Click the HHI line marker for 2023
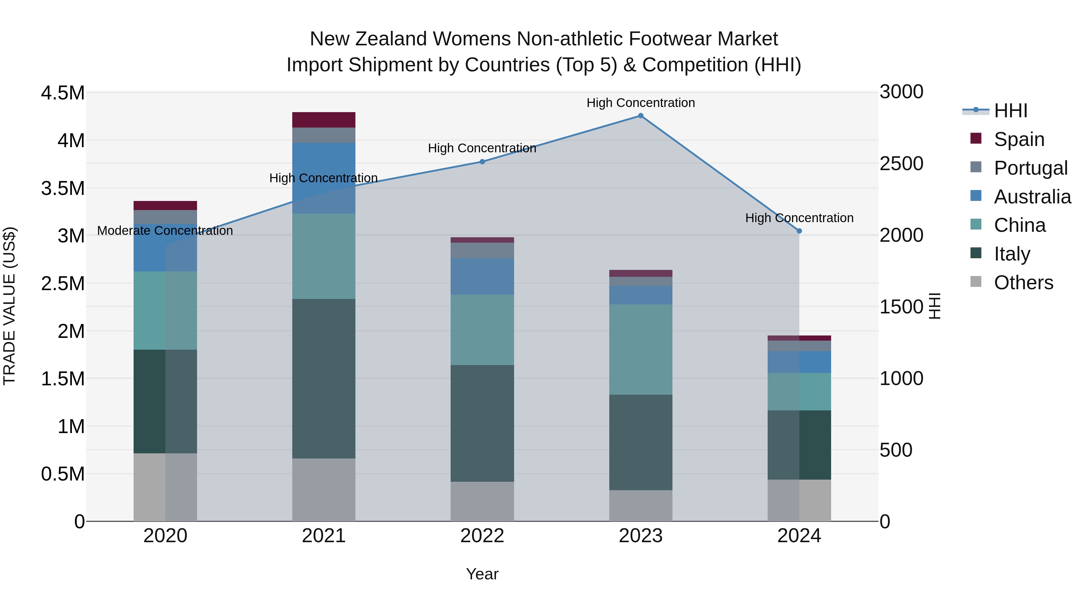click(x=641, y=116)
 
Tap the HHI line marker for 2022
click(x=482, y=162)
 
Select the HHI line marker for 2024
click(x=799, y=231)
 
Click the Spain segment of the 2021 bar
click(x=324, y=120)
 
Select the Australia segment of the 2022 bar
click(x=482, y=276)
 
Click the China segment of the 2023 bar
click(x=641, y=349)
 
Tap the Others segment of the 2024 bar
click(x=799, y=500)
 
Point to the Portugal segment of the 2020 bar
click(x=165, y=217)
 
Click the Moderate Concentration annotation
click(x=165, y=231)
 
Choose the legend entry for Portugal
click(x=1030, y=168)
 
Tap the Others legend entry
click(x=1023, y=283)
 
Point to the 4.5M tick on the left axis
click(x=63, y=93)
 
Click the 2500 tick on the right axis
click(x=901, y=164)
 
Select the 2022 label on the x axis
click(x=482, y=536)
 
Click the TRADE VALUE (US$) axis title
click(x=9, y=306)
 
